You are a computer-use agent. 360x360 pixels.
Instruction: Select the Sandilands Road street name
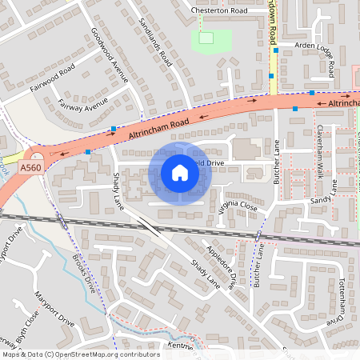click(155, 41)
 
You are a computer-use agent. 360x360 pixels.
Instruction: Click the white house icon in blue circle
click(180, 172)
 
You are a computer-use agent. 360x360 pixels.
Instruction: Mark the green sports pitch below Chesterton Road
click(211, 38)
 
